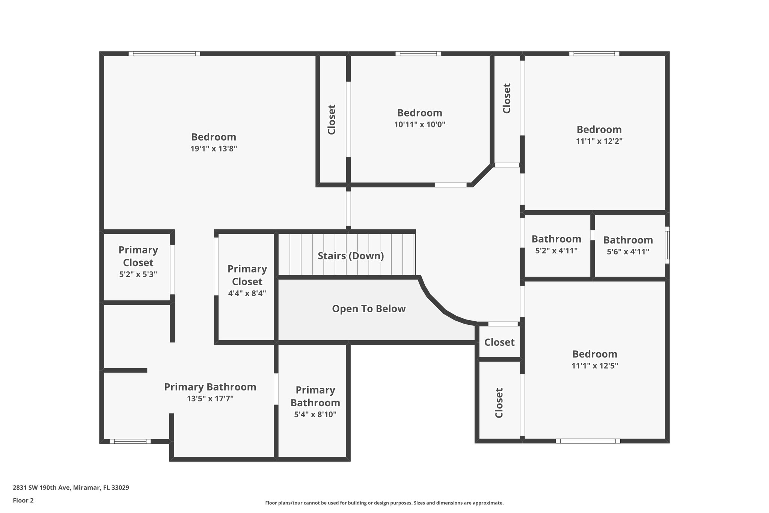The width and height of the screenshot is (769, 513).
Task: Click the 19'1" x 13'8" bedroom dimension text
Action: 213,149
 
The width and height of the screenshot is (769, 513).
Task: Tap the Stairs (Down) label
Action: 351,256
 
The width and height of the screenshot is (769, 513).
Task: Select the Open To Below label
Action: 369,309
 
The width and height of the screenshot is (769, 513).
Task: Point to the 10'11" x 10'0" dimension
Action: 419,125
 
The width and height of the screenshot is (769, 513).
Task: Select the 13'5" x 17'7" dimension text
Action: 210,399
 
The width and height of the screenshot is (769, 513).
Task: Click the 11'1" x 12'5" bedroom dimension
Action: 595,366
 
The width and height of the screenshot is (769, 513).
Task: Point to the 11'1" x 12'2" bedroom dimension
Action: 599,141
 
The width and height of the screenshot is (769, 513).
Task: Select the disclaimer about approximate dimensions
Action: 384,503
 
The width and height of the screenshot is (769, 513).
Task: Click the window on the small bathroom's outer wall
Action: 667,245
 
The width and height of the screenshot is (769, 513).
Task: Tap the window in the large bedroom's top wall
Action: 164,54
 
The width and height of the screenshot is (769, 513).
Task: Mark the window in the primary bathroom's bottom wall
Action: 130,441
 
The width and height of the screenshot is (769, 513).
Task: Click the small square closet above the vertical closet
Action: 499,342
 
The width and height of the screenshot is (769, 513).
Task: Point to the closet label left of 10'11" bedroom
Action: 332,120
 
